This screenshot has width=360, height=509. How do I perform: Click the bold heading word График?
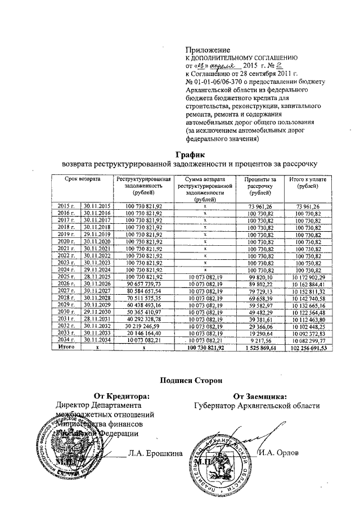(x=188, y=154)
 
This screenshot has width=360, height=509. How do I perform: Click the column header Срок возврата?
(x=81, y=179)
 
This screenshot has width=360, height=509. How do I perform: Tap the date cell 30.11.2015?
(x=96, y=206)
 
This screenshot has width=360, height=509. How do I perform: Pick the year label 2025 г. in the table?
(x=66, y=278)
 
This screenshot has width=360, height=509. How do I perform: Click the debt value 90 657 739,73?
(x=143, y=285)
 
